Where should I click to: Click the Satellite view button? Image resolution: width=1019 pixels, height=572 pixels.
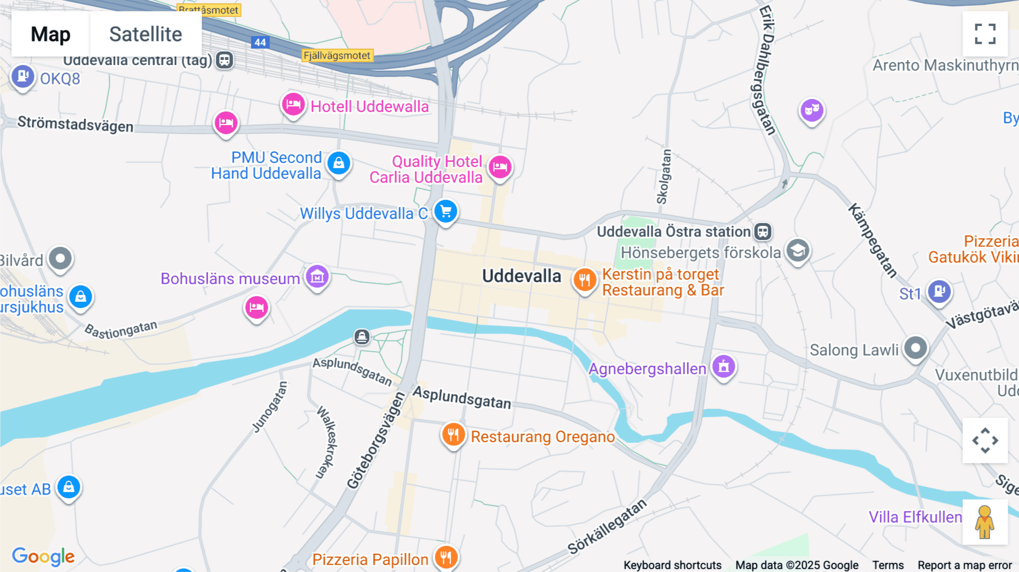click(145, 34)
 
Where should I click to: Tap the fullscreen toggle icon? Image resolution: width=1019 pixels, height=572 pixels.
click(985, 34)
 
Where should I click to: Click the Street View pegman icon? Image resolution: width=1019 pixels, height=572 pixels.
click(985, 522)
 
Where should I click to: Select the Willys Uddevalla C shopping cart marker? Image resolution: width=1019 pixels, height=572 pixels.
click(446, 211)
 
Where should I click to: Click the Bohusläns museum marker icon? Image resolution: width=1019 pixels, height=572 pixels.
click(317, 277)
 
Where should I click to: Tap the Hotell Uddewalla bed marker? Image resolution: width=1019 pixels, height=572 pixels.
click(293, 104)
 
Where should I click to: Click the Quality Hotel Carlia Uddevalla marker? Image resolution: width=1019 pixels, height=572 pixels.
click(500, 167)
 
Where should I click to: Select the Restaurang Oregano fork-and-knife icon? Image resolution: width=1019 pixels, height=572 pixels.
click(453, 435)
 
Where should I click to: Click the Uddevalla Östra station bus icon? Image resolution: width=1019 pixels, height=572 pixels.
click(763, 231)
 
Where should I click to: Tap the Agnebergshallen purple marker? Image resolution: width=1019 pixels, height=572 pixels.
click(723, 366)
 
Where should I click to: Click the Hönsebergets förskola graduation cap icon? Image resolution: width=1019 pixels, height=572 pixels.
click(798, 250)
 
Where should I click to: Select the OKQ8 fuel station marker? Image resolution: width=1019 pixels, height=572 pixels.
click(23, 76)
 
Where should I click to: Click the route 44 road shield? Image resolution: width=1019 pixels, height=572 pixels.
click(260, 42)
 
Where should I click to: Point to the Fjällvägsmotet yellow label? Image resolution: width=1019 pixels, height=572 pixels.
click(337, 56)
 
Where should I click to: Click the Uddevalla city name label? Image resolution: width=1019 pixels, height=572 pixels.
click(521, 276)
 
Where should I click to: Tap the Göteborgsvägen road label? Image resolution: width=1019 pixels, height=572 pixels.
click(376, 441)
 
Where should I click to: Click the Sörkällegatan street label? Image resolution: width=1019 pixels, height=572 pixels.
click(607, 527)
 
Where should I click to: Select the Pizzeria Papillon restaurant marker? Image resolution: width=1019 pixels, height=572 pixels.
click(446, 557)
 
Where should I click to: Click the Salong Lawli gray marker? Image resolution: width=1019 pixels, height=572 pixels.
click(915, 348)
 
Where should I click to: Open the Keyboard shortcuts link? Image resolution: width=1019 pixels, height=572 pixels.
click(672, 565)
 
